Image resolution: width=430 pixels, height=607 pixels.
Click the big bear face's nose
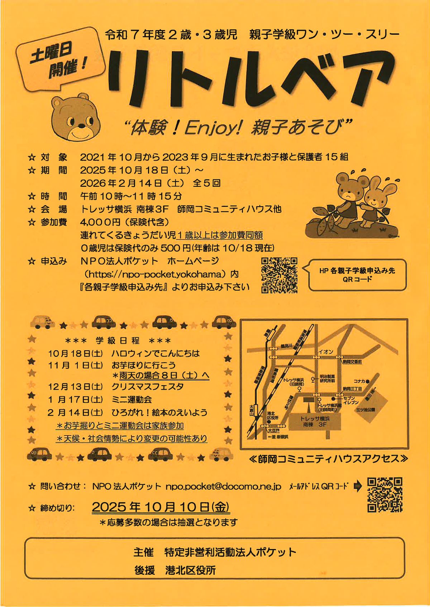click(81, 126)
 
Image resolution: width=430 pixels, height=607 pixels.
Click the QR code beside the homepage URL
click(279, 275)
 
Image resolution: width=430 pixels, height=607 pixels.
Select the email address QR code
click(385, 494)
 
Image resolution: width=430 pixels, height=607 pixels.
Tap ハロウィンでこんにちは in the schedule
click(156, 353)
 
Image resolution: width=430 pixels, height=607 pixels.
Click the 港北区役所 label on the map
click(273, 416)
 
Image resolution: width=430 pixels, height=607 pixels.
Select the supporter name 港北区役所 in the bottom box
click(191, 570)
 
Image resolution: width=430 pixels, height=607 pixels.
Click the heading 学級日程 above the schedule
click(118, 340)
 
